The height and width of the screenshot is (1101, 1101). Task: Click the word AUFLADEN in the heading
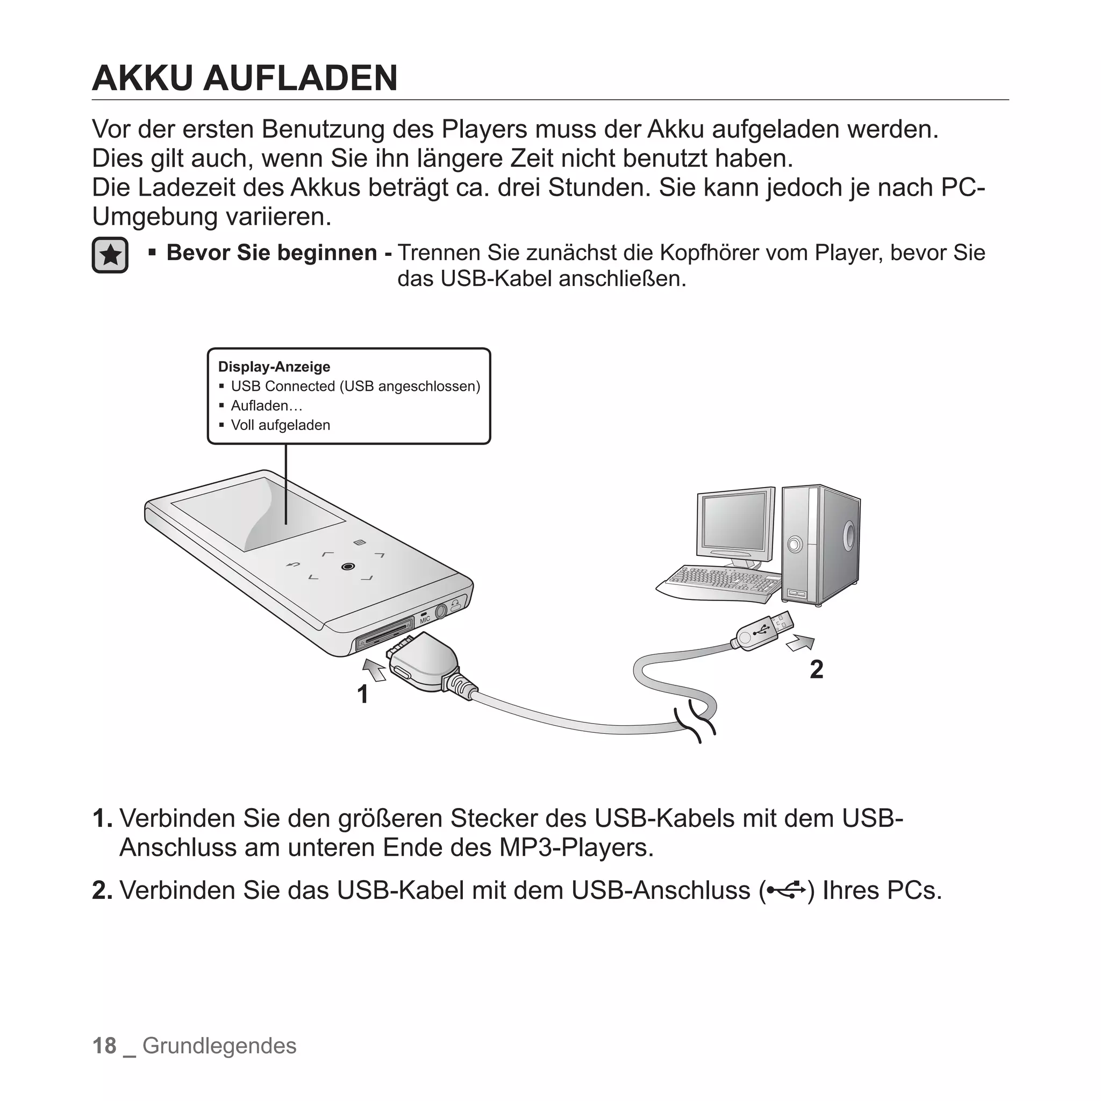click(x=301, y=78)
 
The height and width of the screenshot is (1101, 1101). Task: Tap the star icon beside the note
click(x=110, y=255)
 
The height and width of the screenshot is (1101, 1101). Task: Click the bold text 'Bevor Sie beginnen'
click(x=271, y=253)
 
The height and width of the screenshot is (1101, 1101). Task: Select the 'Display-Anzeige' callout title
click(x=274, y=367)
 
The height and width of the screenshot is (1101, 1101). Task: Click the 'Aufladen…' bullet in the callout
click(x=266, y=406)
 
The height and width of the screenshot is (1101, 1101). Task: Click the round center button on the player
click(x=348, y=567)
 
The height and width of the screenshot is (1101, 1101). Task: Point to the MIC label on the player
click(x=425, y=619)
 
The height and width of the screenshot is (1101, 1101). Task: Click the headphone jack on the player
click(x=441, y=612)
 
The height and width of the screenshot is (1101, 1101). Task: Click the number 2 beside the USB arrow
click(x=816, y=670)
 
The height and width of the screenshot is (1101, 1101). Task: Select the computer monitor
click(x=734, y=524)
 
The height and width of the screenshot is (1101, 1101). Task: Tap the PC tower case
click(x=820, y=544)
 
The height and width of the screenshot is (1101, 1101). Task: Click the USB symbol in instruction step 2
click(x=786, y=890)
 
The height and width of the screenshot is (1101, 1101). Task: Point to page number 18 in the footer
click(x=104, y=1046)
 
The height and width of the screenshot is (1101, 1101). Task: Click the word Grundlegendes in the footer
click(x=219, y=1046)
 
